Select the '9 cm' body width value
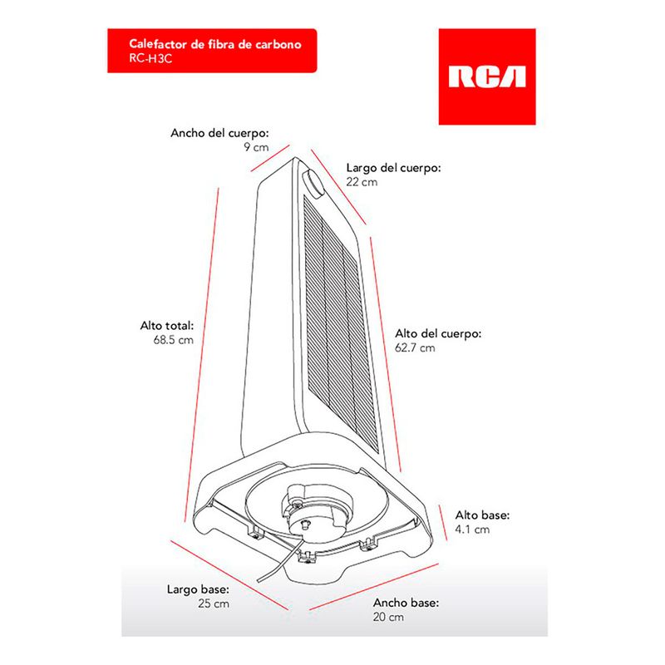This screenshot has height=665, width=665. click(x=256, y=147)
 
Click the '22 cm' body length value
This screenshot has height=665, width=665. click(x=362, y=181)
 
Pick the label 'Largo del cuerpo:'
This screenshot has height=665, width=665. click(x=393, y=167)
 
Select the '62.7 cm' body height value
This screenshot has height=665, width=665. click(x=415, y=347)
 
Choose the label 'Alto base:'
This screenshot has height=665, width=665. click(x=482, y=515)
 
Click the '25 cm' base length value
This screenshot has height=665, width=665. click(x=214, y=604)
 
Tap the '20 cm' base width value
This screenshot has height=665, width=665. click(x=388, y=618)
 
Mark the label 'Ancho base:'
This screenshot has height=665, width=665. click(x=406, y=603)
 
